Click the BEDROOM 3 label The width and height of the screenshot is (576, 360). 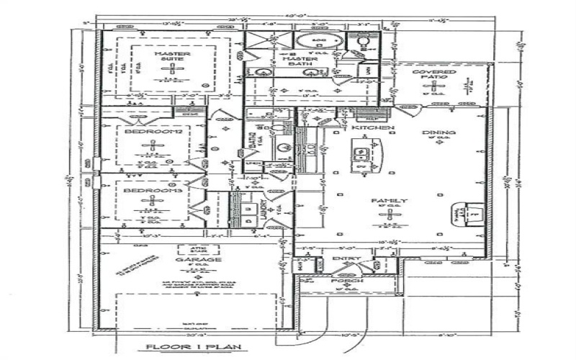click(152, 190)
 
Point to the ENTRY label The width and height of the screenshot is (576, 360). click(341, 258)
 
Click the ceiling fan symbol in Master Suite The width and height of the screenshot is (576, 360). click(171, 70)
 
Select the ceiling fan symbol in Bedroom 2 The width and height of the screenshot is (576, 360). click(152, 147)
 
